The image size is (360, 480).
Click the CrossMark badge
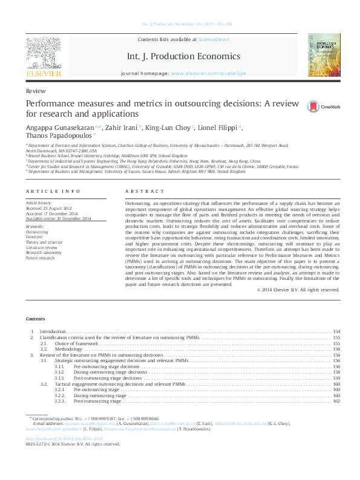324,106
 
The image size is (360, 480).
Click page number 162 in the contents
336,401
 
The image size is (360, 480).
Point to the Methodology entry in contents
70,349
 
